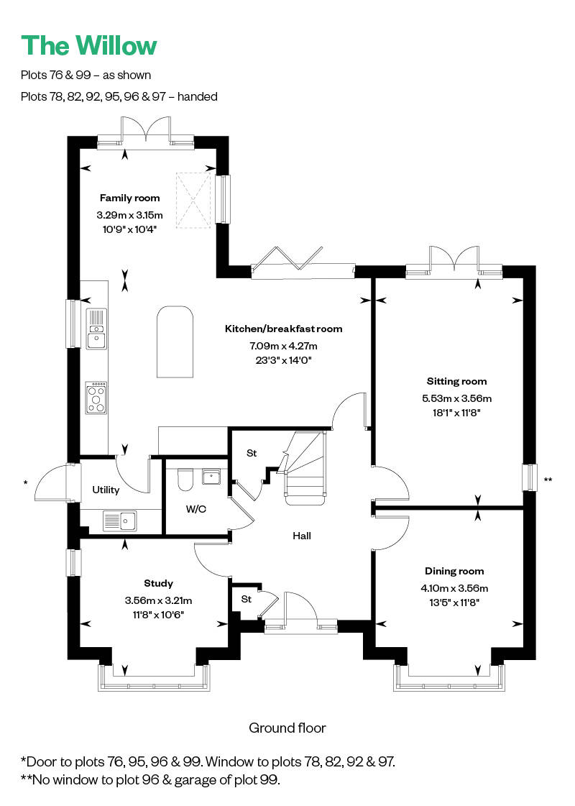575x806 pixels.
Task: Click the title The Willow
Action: pyautogui.click(x=89, y=45)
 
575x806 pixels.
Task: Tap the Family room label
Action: pyautogui.click(x=129, y=198)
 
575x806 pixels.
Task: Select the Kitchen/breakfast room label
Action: pyautogui.click(x=284, y=329)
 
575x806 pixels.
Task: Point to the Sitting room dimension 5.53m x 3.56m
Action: pyautogui.click(x=457, y=398)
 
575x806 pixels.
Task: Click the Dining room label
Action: pyautogui.click(x=454, y=571)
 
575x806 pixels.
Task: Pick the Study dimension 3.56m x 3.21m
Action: pyautogui.click(x=158, y=600)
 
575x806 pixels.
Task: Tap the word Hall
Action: pyautogui.click(x=302, y=536)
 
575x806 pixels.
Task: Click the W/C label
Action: pyautogui.click(x=195, y=509)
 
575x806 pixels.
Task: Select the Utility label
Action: pyautogui.click(x=106, y=490)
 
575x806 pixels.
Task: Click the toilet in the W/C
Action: pyautogui.click(x=185, y=479)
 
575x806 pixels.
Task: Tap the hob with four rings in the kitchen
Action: pyautogui.click(x=96, y=398)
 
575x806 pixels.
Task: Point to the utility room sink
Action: pyautogui.click(x=120, y=521)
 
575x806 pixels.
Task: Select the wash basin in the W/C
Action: pyautogui.click(x=211, y=477)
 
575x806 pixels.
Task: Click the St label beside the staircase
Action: pyautogui.click(x=252, y=454)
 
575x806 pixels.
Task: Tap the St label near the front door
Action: pyautogui.click(x=246, y=600)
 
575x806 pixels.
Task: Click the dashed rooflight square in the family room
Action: pyautogui.click(x=193, y=199)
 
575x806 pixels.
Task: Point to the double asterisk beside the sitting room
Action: pyautogui.click(x=548, y=480)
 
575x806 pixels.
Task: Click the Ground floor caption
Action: pyautogui.click(x=287, y=728)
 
